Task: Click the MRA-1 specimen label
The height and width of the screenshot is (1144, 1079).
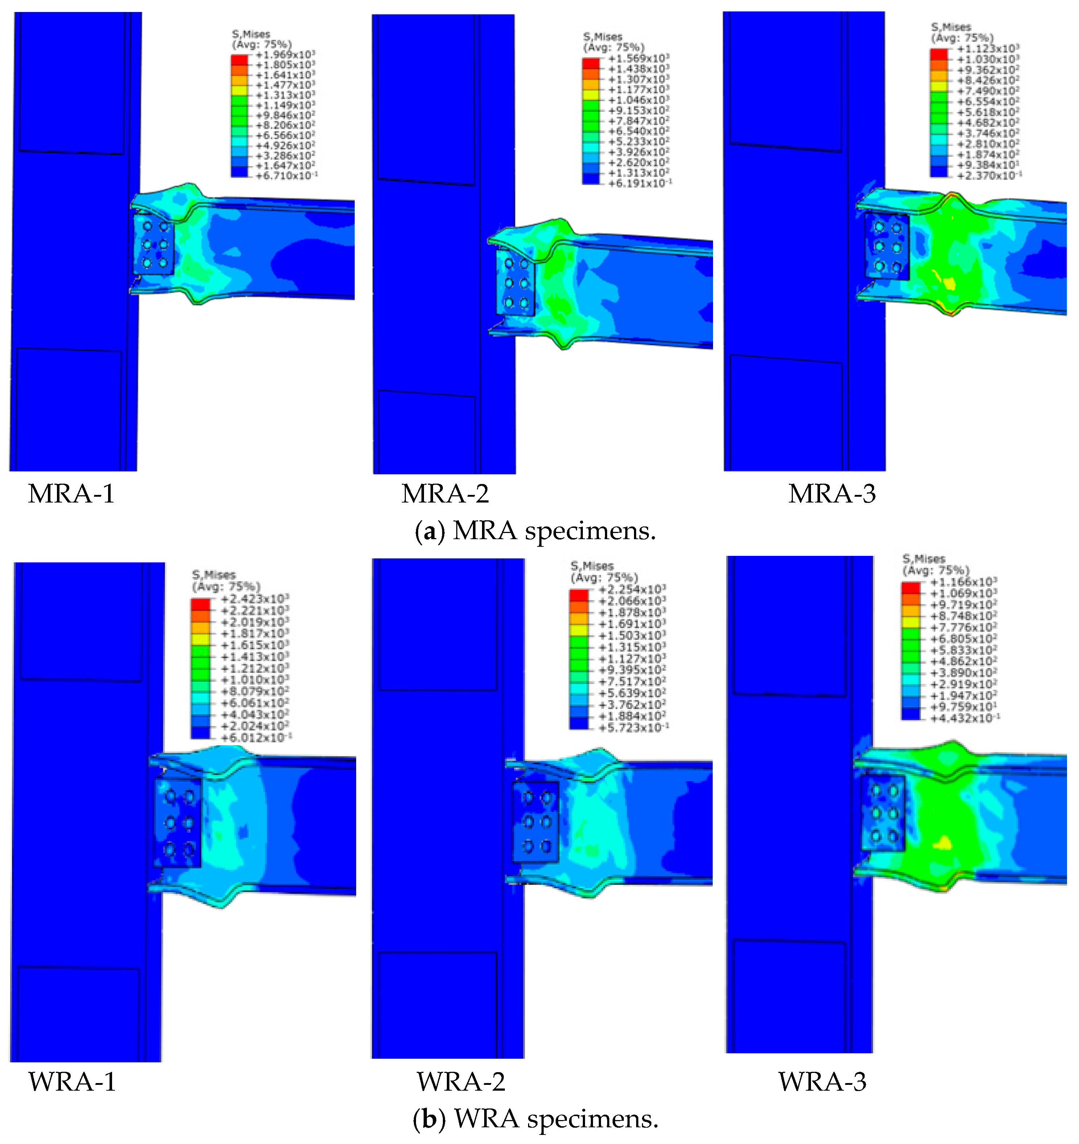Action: (71, 494)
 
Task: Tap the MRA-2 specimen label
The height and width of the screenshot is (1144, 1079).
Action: (445, 494)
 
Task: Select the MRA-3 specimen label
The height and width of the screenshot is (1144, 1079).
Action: (832, 494)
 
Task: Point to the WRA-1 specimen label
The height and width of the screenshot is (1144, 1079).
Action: (72, 1082)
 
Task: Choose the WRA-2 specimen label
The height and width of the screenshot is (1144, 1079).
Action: (461, 1082)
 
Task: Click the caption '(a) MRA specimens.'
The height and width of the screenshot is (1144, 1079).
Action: (535, 530)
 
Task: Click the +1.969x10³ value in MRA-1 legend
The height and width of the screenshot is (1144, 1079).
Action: (285, 55)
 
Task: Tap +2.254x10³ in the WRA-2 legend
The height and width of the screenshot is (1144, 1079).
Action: (632, 589)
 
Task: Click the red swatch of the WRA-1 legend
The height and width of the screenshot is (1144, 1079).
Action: (200, 604)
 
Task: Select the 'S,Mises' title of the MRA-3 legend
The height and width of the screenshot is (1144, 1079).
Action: (951, 27)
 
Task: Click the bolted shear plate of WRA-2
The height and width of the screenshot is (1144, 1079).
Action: (535, 822)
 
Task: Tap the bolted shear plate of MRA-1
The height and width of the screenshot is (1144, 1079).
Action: (153, 244)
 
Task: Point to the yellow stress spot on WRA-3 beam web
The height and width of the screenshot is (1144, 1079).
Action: (942, 843)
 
